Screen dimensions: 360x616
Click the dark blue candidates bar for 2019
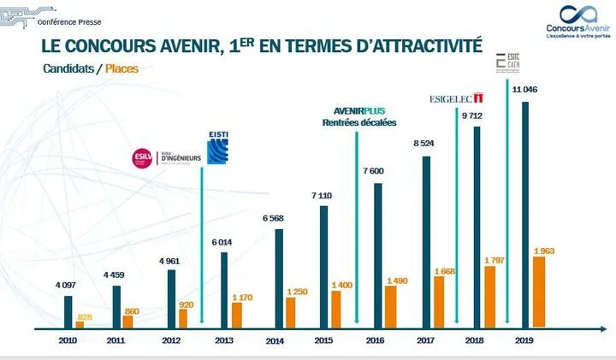coord(525,214)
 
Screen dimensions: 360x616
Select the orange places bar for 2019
coord(539,292)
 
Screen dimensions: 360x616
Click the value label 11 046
coord(524,90)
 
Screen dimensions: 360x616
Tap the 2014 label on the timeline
coord(274,341)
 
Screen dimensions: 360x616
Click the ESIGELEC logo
coord(458,99)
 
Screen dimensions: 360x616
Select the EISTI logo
coord(218,147)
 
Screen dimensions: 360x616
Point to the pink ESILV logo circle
coord(140,157)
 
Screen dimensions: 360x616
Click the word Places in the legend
coord(121,68)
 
